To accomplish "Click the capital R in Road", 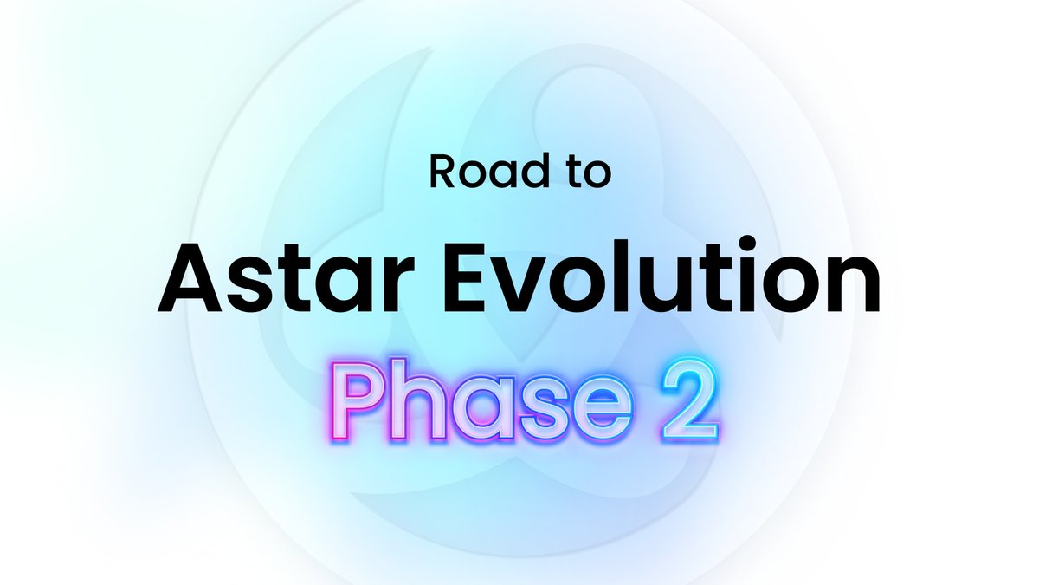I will (442, 172).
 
